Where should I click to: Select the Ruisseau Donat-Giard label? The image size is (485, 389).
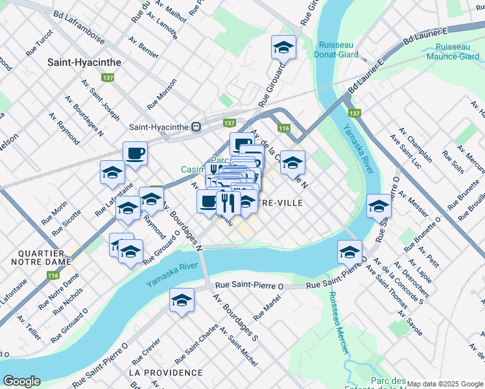[x=340, y=50]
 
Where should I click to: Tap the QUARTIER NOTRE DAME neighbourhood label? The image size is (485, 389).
[x=40, y=257]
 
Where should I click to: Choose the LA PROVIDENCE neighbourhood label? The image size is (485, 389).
[x=165, y=373]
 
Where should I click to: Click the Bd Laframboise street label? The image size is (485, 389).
[x=80, y=21]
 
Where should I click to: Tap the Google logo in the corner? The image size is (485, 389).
[x=22, y=381]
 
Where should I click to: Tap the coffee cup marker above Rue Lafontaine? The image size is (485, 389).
[x=135, y=154]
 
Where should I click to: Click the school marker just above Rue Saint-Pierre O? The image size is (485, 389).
[x=349, y=252]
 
